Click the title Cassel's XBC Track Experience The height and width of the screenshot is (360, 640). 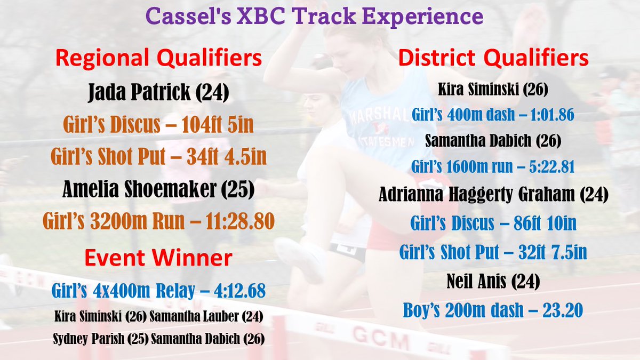(x=315, y=16)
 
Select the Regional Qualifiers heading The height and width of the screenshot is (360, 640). (x=158, y=58)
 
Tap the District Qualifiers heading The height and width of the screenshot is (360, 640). (x=493, y=58)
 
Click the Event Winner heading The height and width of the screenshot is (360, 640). (x=158, y=258)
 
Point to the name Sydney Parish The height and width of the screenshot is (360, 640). (x=89, y=339)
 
